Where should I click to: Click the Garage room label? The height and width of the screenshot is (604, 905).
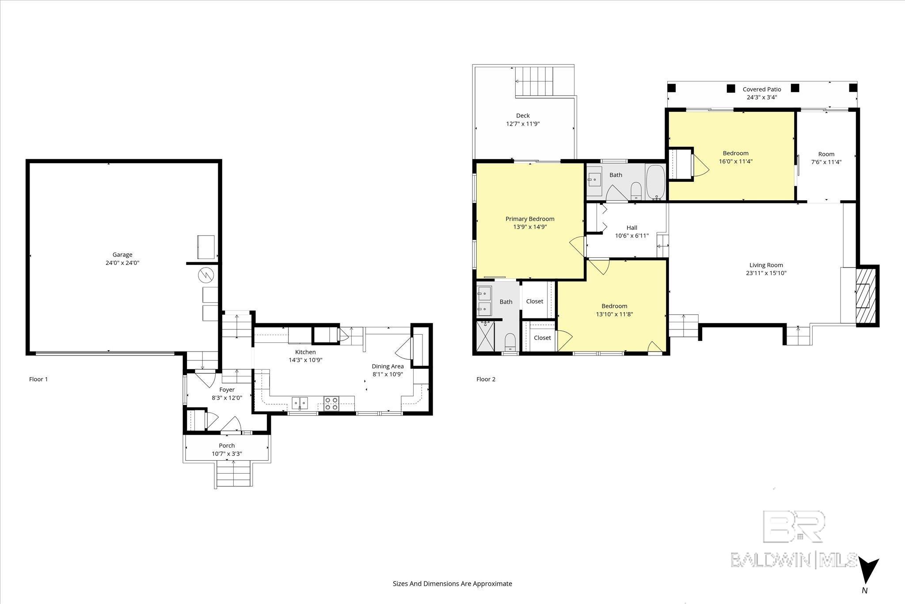[x=122, y=255]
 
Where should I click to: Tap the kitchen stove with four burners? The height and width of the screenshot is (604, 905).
[x=331, y=403]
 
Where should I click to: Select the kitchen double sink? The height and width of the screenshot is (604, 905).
[x=300, y=403]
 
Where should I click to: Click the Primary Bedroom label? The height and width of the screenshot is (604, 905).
[x=530, y=219]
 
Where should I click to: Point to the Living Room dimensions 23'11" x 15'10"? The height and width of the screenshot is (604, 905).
[x=766, y=273]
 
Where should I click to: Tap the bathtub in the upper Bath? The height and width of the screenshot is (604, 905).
[x=655, y=182]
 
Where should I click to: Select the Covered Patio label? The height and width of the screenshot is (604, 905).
[x=762, y=89]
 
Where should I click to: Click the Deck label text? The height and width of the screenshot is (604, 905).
[x=523, y=116]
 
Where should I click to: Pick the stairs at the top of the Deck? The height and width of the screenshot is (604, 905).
[x=534, y=80]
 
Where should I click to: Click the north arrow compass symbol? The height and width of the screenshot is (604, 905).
[x=868, y=571]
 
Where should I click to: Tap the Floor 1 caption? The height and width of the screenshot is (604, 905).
[x=38, y=379]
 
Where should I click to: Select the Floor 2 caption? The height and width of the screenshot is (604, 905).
[x=486, y=379]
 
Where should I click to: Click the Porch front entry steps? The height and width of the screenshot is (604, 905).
[x=233, y=474]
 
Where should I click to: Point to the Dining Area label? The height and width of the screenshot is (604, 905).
[x=388, y=366]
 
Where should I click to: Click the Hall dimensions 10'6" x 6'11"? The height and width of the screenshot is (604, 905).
[x=632, y=236]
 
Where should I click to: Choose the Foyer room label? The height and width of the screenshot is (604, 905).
[x=227, y=390]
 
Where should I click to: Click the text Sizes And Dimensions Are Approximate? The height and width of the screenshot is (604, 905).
[x=452, y=584]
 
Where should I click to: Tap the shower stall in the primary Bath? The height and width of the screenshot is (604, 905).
[x=486, y=337]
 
